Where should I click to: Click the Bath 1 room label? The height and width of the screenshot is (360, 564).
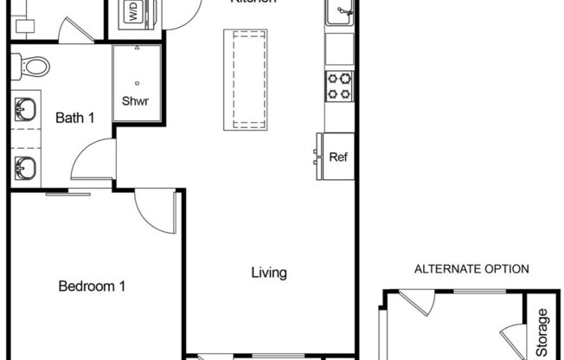(74, 118)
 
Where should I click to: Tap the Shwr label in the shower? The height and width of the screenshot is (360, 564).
(136, 101)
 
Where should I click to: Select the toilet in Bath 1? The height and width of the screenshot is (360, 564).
(34, 65)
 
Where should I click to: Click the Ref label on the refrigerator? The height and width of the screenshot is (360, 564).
(338, 157)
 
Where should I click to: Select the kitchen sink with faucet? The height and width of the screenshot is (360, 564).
(340, 16)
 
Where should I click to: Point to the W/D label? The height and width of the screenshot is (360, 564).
(133, 12)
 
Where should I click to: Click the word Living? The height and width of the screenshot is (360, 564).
(268, 273)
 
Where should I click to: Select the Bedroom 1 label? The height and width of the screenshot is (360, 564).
(93, 286)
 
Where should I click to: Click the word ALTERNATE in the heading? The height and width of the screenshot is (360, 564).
(447, 269)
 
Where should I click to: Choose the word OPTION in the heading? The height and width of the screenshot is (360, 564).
(507, 269)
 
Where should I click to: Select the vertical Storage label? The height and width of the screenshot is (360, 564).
(542, 332)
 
